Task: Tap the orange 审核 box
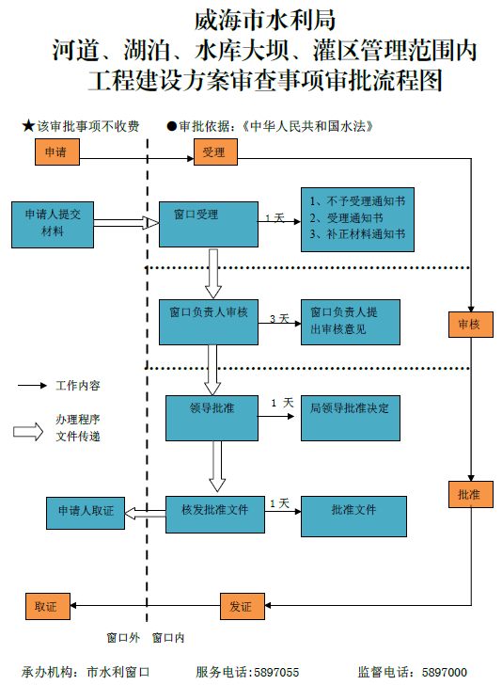coord(469,324)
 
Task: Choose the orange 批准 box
coord(469,494)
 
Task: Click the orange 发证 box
coord(241,607)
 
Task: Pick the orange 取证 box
coord(46,607)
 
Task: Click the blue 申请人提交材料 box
coord(53,224)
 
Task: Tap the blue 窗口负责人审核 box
coord(209,321)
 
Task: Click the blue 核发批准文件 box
coord(214,514)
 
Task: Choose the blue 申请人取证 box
coord(86,513)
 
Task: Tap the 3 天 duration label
coord(278,319)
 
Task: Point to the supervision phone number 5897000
coord(444,672)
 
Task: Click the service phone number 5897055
coord(275,672)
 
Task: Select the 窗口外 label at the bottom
coord(122,638)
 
